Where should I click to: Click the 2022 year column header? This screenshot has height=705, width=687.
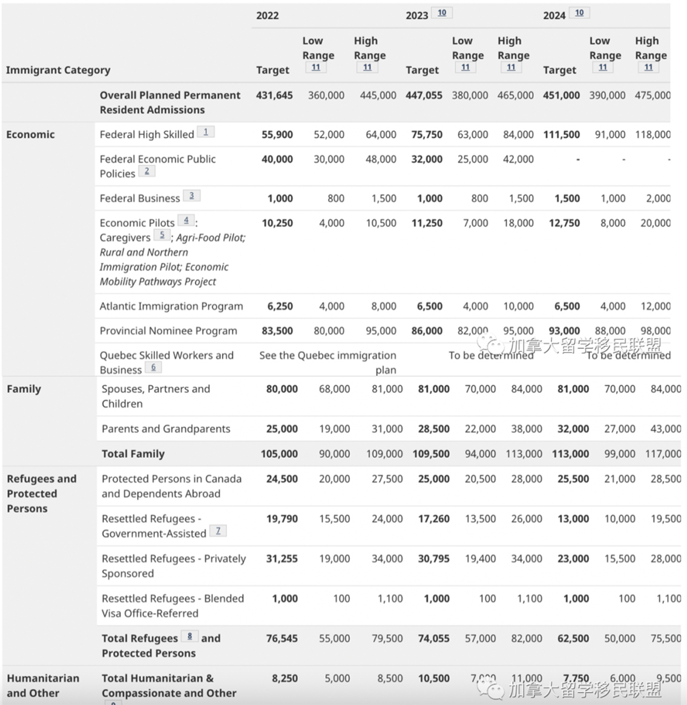point(267,15)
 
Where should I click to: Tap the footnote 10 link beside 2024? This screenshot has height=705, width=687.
point(579,13)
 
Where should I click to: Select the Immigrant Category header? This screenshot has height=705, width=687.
point(58,70)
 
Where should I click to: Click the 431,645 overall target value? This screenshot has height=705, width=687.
point(274,95)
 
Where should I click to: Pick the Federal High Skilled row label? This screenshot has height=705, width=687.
point(146,134)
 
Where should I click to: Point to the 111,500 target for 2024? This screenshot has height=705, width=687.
point(561,134)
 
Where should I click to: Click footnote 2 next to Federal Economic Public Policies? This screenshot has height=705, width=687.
point(146,171)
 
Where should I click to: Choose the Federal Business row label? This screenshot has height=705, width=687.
point(139,198)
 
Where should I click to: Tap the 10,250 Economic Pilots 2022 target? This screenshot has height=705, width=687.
point(277,223)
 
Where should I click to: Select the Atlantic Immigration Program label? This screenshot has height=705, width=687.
point(171,306)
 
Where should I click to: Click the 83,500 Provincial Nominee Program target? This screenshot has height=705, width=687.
point(277,331)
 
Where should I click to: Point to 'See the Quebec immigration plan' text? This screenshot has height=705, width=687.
point(327,362)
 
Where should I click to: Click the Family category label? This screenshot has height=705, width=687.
point(24,389)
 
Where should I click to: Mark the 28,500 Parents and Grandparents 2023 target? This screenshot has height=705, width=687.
point(433,429)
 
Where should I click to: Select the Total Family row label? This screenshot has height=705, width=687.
point(133,454)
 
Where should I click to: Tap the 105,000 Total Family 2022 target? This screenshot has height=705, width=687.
point(279,454)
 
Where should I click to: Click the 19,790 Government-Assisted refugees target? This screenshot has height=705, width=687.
point(281,518)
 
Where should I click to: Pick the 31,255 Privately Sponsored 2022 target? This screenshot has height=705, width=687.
point(281,558)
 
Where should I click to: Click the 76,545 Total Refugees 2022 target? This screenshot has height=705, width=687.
point(281,638)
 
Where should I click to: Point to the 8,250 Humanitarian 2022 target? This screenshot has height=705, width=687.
point(284,678)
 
